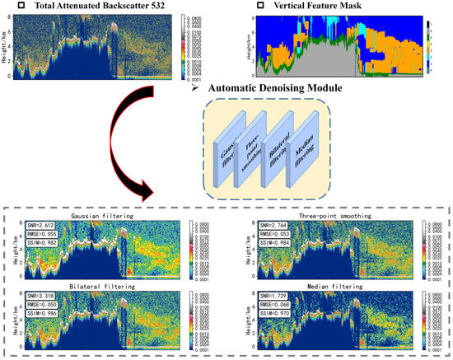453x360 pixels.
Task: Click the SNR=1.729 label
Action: click(276, 293)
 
